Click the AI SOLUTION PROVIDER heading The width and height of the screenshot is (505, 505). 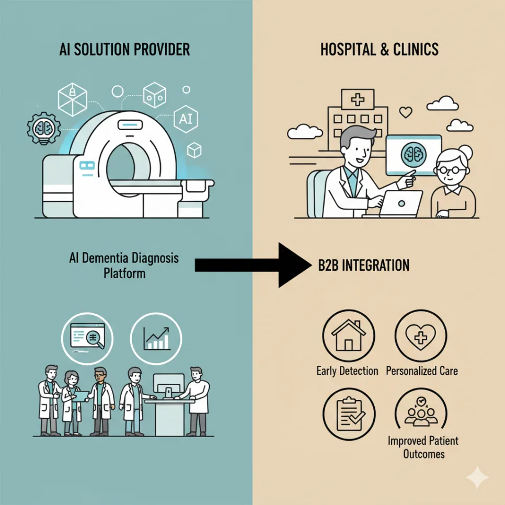124,49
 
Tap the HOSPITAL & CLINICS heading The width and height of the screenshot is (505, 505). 380,49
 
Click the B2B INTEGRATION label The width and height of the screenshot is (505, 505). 364,266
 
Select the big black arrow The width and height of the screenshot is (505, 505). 253,265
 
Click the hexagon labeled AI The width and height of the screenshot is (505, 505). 186,119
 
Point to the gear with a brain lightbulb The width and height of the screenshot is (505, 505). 44,129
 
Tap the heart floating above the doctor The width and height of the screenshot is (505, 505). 406,112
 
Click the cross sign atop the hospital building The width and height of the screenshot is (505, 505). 358,99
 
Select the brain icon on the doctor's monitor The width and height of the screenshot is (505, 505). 414,154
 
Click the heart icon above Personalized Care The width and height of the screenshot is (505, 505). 421,337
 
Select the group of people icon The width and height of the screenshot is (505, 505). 421,412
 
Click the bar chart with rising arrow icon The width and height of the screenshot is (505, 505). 156,338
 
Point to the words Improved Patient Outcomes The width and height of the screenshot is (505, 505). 423,447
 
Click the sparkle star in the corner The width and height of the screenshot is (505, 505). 478,478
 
